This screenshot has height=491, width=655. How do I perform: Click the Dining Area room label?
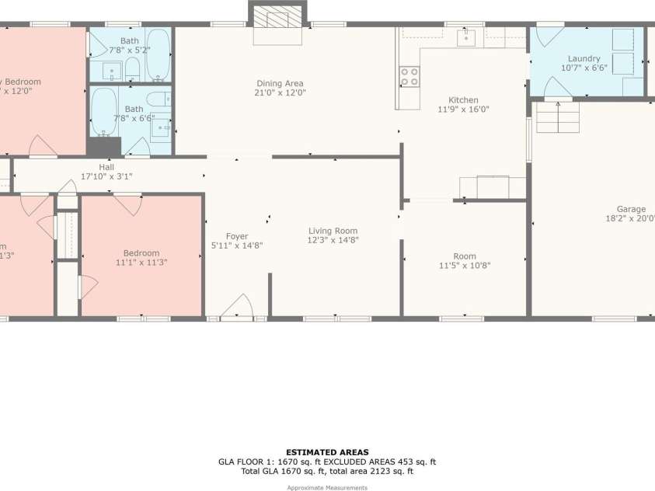[x=280, y=83]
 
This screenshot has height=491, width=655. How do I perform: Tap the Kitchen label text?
[x=463, y=100]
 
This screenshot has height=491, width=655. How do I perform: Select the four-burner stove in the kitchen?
[x=409, y=76]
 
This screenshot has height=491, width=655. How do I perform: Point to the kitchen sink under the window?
[x=466, y=37]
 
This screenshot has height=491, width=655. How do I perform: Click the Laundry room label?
[x=584, y=58]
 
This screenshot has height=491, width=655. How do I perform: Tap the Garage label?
[x=631, y=209]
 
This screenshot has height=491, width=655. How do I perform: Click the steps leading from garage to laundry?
[x=558, y=118]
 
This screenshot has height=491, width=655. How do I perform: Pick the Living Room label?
[x=333, y=231]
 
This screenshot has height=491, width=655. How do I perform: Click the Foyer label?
[x=237, y=236]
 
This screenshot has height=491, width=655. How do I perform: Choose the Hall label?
[x=106, y=167]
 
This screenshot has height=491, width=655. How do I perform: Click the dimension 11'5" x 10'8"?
[x=465, y=266]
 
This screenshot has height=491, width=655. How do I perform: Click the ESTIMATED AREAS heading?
[x=327, y=452]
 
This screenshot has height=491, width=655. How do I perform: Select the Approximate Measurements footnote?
[x=327, y=487]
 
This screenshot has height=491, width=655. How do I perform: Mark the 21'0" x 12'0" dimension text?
[x=280, y=92]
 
